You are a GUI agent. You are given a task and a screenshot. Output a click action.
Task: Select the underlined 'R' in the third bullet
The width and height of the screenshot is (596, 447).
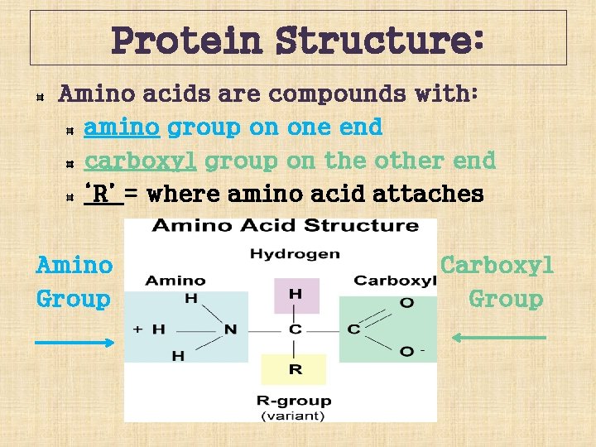click(x=103, y=194)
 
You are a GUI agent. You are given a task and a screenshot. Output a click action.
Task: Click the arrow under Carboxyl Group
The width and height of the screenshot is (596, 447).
click(x=498, y=337)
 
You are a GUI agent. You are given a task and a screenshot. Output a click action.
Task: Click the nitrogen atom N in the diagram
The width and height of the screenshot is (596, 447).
click(x=230, y=329)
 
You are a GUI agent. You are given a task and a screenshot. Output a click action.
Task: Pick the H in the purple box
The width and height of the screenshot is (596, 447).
click(x=295, y=294)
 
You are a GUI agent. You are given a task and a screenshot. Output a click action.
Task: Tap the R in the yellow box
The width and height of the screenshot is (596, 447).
click(x=295, y=369)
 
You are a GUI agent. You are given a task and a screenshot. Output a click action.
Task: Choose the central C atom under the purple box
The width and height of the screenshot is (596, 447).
click(x=295, y=329)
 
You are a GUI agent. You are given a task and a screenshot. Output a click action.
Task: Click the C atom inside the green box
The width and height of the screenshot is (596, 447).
click(x=353, y=329)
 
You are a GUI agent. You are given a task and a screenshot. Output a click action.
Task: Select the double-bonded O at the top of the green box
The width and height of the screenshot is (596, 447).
click(x=406, y=303)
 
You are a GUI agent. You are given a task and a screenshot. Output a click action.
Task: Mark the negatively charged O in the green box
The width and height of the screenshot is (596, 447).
click(x=407, y=352)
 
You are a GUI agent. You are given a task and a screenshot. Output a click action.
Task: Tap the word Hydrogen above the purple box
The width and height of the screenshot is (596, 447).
click(x=295, y=254)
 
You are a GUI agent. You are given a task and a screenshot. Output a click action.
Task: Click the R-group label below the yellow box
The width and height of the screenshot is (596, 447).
click(x=294, y=401)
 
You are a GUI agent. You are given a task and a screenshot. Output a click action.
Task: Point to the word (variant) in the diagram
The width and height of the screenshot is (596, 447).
click(x=294, y=415)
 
